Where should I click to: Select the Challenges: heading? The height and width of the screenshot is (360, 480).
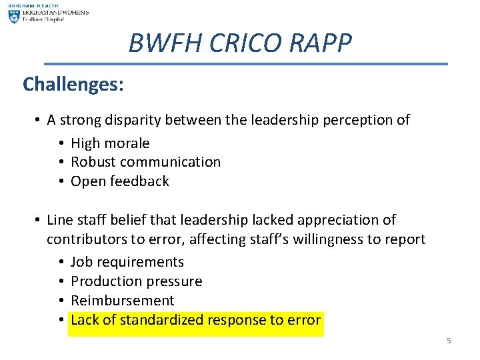click(73, 84)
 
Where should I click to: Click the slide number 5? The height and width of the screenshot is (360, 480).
click(449, 341)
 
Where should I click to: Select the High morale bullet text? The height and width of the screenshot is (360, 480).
click(110, 143)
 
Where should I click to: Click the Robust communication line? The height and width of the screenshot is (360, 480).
click(145, 162)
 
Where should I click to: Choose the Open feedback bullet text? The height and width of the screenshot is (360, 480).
click(119, 181)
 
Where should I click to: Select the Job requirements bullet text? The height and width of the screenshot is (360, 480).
click(127, 262)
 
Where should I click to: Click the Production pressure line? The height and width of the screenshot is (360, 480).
click(136, 281)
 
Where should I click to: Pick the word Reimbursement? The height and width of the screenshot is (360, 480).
click(122, 301)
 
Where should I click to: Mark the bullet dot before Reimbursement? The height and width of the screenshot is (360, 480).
click(61, 301)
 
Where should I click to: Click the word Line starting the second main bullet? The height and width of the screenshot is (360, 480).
click(59, 220)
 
